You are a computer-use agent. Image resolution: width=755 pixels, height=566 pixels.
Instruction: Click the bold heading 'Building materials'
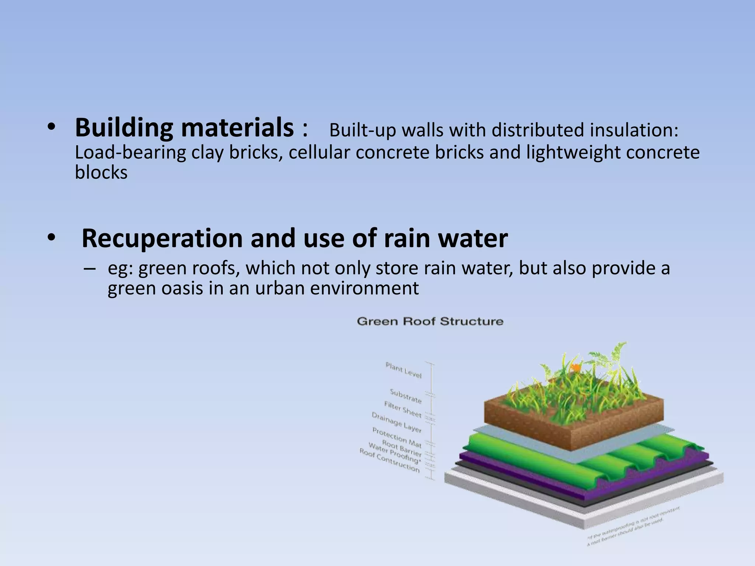(184, 127)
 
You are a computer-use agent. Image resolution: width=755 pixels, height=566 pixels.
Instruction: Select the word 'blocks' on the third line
(101, 172)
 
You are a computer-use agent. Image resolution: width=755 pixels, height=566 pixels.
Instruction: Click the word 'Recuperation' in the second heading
(162, 238)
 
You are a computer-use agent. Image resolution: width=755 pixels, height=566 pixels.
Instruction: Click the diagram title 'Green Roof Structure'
(430, 321)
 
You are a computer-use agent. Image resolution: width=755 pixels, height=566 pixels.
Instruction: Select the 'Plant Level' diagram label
(403, 370)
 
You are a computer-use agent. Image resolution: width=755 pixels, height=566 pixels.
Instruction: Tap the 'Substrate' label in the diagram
(406, 396)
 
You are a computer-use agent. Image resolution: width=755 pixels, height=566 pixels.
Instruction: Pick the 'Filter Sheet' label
(403, 409)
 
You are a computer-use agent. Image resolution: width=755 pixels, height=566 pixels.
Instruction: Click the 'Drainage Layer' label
(396, 422)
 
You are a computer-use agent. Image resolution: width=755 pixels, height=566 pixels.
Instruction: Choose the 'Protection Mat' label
(397, 437)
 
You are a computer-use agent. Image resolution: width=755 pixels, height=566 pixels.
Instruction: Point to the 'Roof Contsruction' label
(389, 460)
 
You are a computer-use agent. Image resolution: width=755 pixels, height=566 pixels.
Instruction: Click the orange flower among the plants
(575, 367)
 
